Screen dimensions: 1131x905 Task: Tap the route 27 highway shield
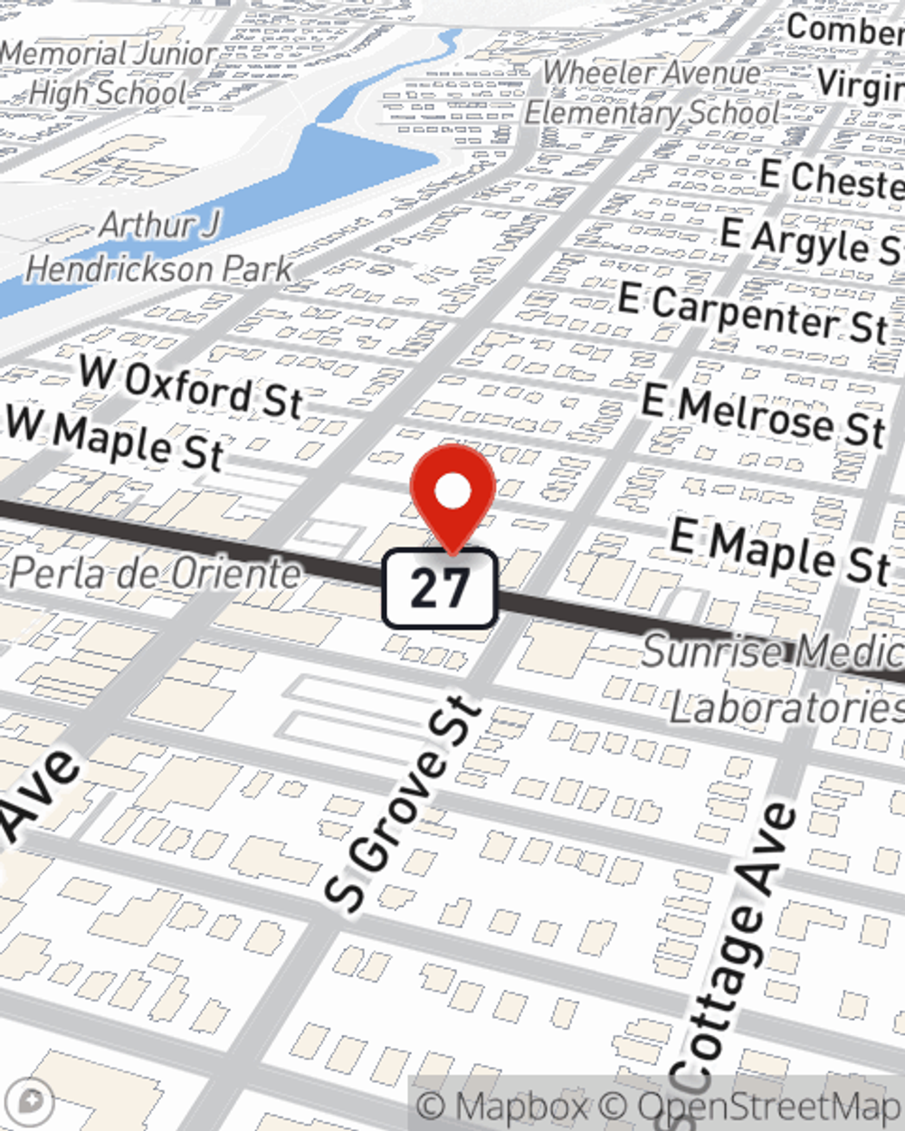click(x=440, y=588)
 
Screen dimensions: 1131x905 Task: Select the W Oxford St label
click(x=190, y=387)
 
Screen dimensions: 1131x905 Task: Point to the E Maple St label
click(x=780, y=552)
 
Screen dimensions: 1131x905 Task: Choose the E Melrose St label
click(x=763, y=415)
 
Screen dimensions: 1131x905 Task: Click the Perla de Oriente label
click(x=155, y=573)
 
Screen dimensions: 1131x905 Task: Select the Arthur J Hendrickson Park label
click(x=159, y=247)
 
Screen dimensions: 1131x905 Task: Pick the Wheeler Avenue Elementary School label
click(x=652, y=92)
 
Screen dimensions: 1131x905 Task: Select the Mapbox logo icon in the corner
click(x=29, y=1101)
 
